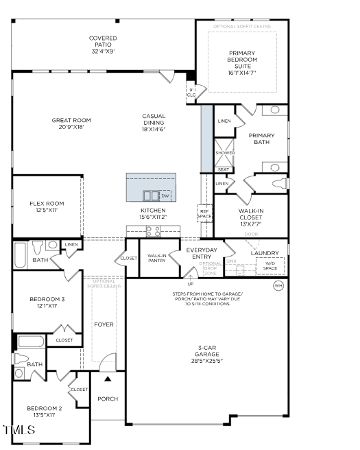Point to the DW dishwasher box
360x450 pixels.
[165, 196]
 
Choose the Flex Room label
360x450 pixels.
[47, 203]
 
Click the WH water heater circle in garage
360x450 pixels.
[278, 285]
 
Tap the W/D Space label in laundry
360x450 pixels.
[270, 265]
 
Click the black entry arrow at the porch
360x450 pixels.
[108, 377]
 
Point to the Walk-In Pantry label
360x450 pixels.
[157, 259]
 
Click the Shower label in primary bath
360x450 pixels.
[224, 153]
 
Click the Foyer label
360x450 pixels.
[104, 324]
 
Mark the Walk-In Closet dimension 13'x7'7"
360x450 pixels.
[250, 225]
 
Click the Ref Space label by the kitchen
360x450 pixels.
[205, 213]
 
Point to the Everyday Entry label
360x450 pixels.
[202, 253]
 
